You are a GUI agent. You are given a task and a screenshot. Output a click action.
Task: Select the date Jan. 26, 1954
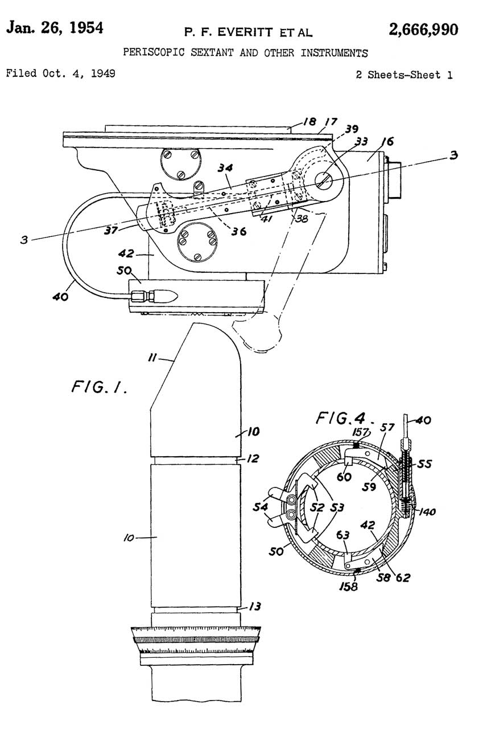pyautogui.click(x=55, y=28)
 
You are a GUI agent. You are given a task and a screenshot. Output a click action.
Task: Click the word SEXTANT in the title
pyautogui.click(x=212, y=52)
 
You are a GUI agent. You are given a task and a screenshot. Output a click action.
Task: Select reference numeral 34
pyautogui.click(x=225, y=168)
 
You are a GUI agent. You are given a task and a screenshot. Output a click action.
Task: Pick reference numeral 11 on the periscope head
pyautogui.click(x=152, y=358)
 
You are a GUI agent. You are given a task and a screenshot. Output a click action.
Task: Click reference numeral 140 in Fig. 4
pyautogui.click(x=427, y=512)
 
